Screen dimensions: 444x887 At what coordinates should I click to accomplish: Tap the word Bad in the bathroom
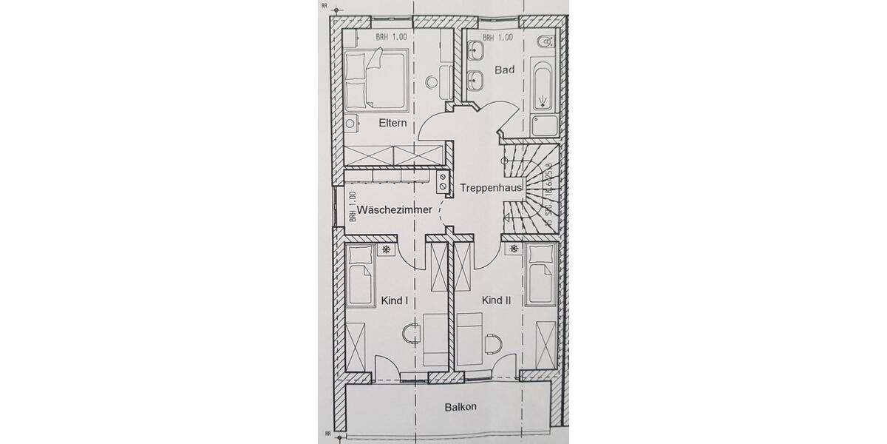505,70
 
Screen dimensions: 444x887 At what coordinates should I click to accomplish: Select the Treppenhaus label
492,188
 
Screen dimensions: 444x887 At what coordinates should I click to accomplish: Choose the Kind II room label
497,300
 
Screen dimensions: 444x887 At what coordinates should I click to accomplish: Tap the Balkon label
460,407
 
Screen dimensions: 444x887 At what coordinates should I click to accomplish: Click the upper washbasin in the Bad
477,50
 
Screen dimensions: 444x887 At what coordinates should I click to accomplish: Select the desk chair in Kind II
492,342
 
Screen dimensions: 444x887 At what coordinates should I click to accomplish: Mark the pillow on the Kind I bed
360,255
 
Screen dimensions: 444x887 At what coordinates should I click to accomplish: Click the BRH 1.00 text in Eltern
391,36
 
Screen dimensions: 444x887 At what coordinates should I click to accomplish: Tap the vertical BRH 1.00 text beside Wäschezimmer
353,207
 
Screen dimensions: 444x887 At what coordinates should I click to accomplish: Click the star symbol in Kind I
387,250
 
